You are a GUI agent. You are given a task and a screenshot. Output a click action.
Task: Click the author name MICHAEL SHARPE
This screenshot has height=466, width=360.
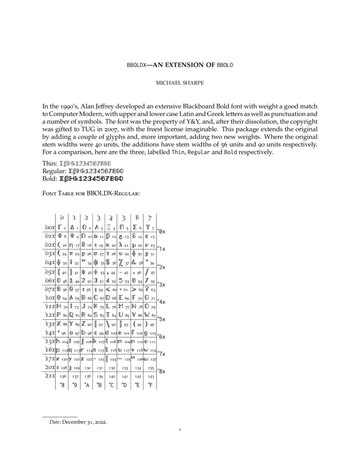180,83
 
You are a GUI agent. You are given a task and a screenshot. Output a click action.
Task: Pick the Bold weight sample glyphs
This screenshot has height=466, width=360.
91,178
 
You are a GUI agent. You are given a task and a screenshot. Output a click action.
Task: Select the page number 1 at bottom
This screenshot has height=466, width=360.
180,430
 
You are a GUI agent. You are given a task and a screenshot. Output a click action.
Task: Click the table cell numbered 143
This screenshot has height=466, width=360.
151,376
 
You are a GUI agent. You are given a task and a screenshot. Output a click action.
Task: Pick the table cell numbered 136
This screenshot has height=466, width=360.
63,376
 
